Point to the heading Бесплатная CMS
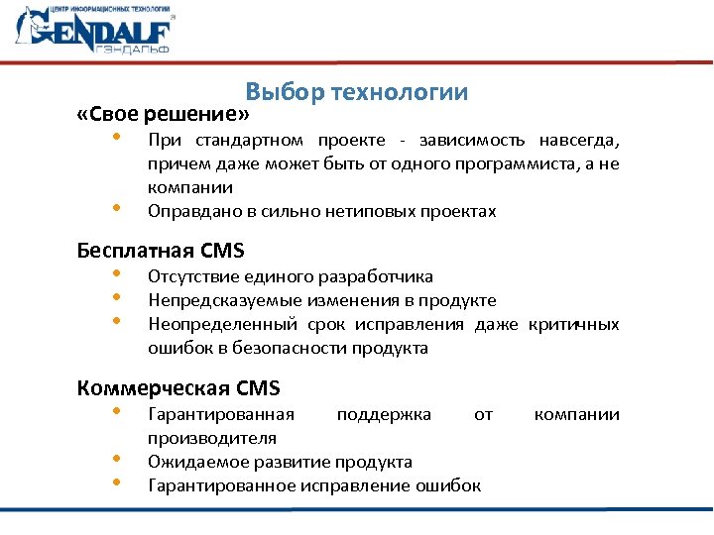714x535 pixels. click(x=161, y=251)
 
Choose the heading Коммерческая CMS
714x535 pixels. click(x=178, y=387)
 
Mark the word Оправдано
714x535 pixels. click(x=188, y=211)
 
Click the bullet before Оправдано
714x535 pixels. click(x=117, y=207)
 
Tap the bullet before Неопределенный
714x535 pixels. click(x=117, y=320)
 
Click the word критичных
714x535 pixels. click(x=574, y=324)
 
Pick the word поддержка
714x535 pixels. click(x=384, y=414)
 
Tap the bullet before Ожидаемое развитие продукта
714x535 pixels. click(x=117, y=458)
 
